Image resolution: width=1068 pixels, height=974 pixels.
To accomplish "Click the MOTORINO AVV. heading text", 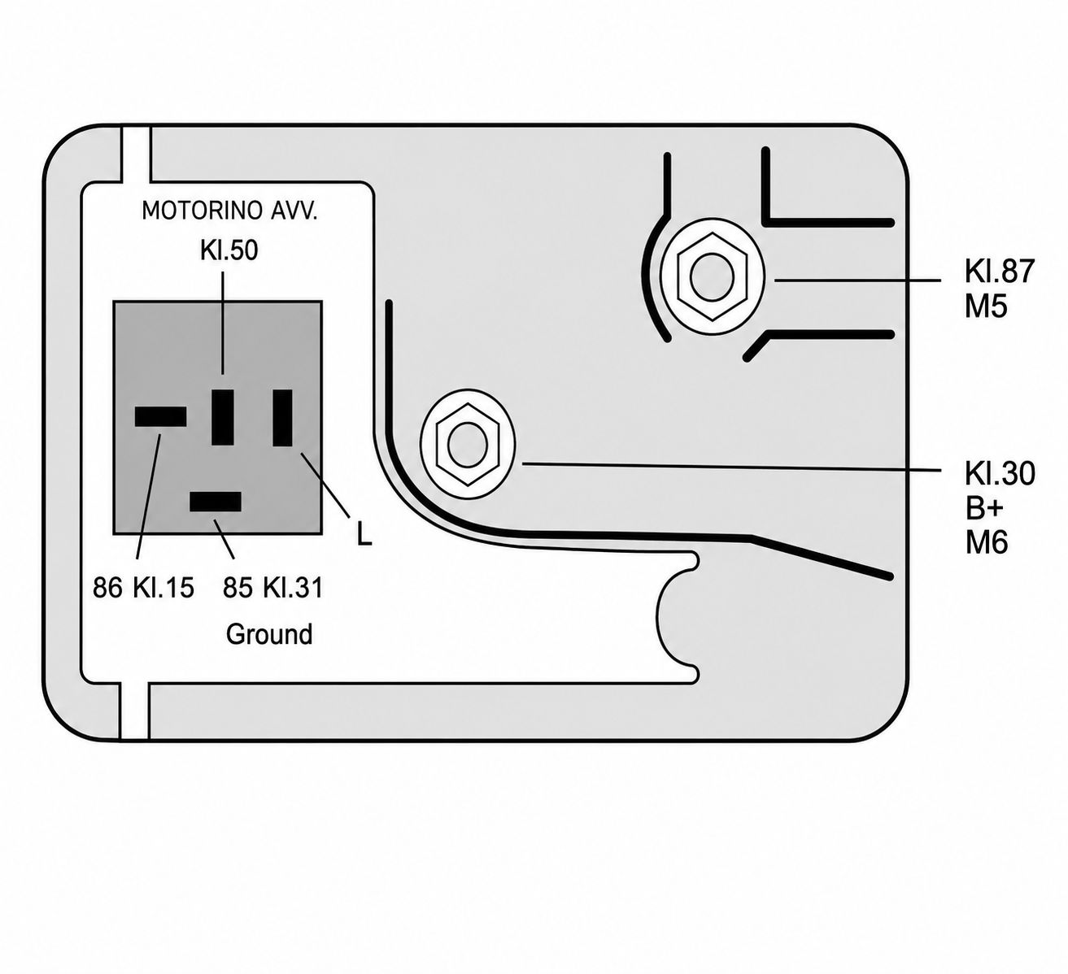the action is point(229,211).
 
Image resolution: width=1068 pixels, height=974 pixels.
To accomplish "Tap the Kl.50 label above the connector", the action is point(229,250).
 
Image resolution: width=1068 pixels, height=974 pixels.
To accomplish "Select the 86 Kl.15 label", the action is point(143,588).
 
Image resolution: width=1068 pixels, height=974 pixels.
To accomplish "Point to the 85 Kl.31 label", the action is point(272,588).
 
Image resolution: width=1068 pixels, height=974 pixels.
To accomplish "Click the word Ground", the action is point(269,634).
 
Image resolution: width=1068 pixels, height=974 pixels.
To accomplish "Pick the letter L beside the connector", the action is point(364,533).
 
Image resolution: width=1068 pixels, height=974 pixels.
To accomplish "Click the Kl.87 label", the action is point(1000,271).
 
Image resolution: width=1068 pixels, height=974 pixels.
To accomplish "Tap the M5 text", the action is point(986,307).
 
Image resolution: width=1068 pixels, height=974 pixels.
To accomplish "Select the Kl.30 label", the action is point(1000,472).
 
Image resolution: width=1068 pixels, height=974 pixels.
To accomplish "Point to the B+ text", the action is point(984,508).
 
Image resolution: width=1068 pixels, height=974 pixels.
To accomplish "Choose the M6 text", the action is point(987,543).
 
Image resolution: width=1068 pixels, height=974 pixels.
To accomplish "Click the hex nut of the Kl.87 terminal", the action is point(713,276).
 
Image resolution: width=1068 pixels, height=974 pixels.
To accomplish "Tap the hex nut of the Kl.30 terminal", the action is point(468,444).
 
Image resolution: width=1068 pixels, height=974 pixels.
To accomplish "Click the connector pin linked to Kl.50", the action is point(223,417).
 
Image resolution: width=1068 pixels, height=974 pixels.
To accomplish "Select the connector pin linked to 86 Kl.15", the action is point(160,417).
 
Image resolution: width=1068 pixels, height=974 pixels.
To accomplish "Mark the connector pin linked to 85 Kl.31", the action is point(216,502).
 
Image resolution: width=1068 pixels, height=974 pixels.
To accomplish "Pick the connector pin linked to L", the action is point(283,418).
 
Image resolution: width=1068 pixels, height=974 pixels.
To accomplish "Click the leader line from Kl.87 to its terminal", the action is point(858,280).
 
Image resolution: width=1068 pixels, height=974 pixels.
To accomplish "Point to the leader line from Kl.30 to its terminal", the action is point(732,467).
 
